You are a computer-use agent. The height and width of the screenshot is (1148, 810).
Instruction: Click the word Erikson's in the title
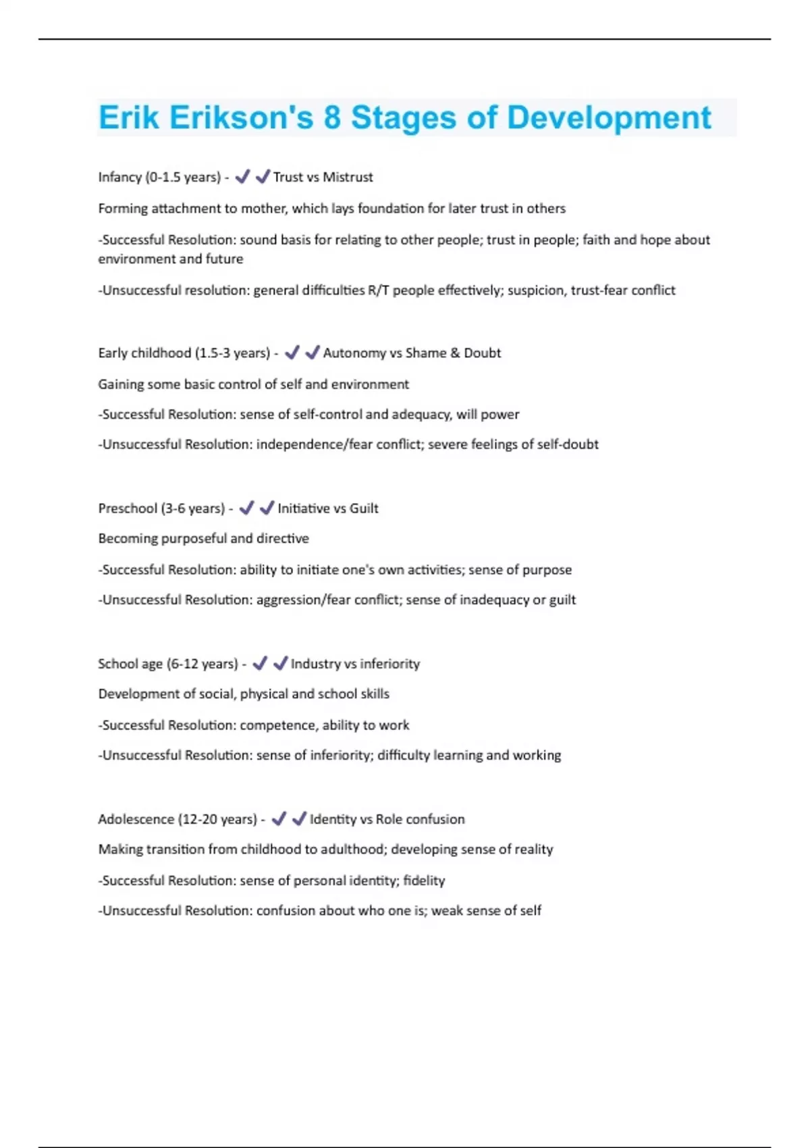click(241, 118)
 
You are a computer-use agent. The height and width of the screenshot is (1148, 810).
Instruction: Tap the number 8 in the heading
click(331, 118)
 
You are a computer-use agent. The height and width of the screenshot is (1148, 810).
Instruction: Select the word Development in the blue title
click(609, 118)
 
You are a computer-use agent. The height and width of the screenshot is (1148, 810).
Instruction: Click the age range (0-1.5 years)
click(183, 178)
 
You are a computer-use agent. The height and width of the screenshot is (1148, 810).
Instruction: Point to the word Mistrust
click(348, 178)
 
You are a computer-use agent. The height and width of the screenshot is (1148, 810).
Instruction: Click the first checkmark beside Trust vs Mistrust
click(242, 177)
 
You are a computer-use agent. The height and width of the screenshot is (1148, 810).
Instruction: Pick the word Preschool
click(128, 508)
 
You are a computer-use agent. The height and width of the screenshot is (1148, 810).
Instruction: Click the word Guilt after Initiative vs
click(364, 508)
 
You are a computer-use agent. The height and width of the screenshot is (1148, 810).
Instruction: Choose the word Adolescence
click(136, 819)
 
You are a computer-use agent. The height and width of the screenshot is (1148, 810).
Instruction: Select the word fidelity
click(424, 881)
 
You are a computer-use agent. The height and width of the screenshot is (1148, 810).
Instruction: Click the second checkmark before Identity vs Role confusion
click(299, 818)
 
